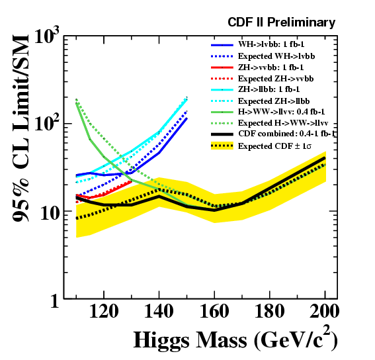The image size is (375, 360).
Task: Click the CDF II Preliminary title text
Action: pos(282,22)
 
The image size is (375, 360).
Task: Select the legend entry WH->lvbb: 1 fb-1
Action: pos(271,44)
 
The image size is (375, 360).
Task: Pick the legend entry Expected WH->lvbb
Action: pos(276,56)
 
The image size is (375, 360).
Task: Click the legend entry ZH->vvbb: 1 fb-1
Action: pos(271,67)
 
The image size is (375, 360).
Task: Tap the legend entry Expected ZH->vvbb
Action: pos(276,79)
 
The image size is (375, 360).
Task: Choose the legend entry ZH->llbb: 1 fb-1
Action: pos(269,89)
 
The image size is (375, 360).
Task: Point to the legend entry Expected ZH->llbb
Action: pos(274,101)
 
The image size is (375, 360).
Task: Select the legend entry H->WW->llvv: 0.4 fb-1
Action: pos(281,112)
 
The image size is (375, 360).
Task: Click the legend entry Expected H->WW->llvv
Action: pos(283,123)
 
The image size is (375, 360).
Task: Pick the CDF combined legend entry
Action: pos(287,134)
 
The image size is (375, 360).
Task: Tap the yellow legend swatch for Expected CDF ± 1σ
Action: pos(222,146)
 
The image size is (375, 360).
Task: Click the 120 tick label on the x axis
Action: pos(104,311)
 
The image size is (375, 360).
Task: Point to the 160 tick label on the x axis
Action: pos(214,311)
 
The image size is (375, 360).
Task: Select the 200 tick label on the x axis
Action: pos(325,311)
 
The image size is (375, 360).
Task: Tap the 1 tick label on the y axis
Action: pos(54,300)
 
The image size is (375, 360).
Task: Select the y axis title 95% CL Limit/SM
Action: pos(21,128)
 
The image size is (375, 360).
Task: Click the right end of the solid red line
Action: pos(132,181)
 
